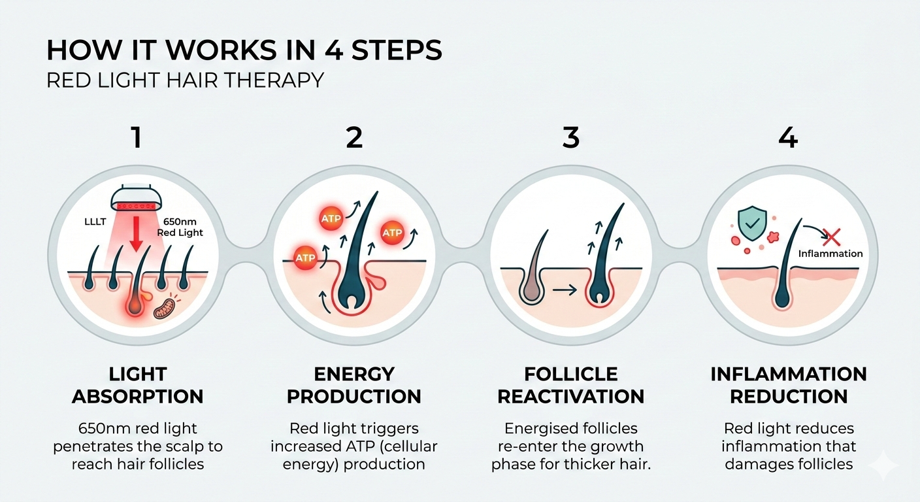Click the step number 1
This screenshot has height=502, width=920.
[137, 139]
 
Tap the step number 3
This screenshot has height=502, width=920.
[570, 139]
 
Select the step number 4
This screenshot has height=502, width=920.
[789, 139]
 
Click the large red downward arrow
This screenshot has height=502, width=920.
[136, 235]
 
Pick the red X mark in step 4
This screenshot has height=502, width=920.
[831, 237]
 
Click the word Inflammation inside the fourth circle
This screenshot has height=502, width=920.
[830, 254]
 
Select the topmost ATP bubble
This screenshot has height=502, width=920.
[331, 219]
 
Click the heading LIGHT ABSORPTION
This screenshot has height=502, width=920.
[137, 385]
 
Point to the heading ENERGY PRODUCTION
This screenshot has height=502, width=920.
[354, 385]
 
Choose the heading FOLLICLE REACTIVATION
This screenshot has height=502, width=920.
[570, 385]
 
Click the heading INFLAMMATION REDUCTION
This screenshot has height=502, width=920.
[789, 385]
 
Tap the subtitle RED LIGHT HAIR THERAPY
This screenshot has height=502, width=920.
[186, 80]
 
